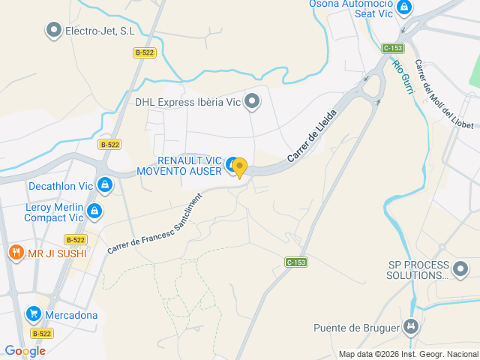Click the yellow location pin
click(239, 167)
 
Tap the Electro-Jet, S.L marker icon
click(54, 31)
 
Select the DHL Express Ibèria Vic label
click(188, 102)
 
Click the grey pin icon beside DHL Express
click(253, 101)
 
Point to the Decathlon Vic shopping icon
click(105, 184)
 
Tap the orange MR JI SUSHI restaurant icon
click(16, 253)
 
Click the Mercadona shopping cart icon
click(33, 314)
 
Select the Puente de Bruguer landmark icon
click(410, 327)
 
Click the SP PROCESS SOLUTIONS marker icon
click(460, 268)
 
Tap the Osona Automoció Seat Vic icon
click(404, 7)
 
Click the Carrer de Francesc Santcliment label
click(154, 223)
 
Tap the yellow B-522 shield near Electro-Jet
click(145, 52)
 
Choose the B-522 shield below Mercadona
click(41, 333)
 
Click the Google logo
click(25, 351)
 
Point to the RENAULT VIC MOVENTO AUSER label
click(179, 166)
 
